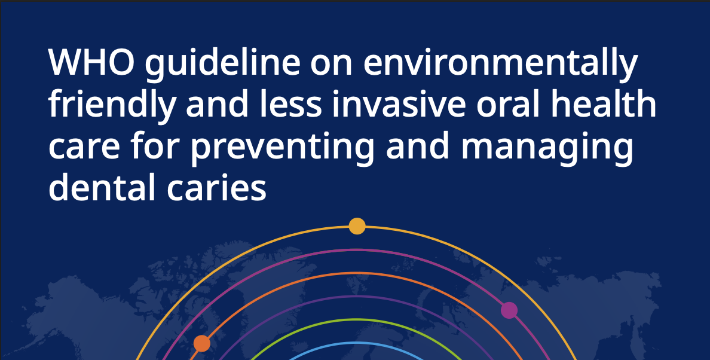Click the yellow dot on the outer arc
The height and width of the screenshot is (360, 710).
point(357,226)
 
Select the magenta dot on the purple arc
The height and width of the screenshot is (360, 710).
point(509,310)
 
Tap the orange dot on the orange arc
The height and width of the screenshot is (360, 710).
point(202,343)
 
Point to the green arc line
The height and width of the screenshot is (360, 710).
point(357,319)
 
